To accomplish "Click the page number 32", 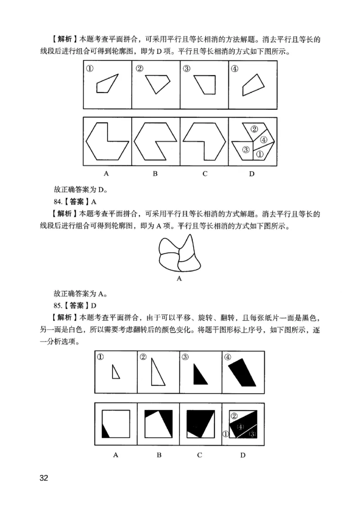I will [44, 477].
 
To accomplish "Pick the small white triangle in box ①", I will [116, 372].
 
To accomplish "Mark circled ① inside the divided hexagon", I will [259, 154].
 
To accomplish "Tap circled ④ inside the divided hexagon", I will [264, 140].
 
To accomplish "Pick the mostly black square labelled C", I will [199, 423].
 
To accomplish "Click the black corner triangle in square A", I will [106, 431].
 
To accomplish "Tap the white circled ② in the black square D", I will [234, 416].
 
